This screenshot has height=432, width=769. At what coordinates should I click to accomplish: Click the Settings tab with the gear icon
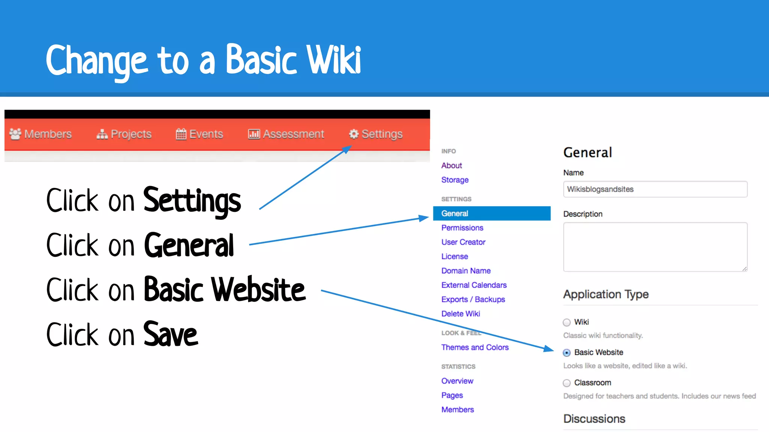point(376,134)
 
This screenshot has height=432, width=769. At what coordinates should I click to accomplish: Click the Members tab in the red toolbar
point(41,134)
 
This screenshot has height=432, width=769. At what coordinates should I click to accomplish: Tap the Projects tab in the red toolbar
point(124,134)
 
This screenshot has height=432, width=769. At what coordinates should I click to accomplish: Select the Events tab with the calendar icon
point(199,134)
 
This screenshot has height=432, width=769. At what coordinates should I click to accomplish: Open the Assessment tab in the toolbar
point(286,134)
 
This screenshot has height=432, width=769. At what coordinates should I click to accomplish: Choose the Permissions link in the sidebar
point(462,228)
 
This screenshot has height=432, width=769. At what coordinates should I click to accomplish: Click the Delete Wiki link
point(461,313)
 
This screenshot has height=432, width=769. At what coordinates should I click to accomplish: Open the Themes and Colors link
point(475,347)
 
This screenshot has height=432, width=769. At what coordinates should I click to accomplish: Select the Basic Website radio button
point(567,352)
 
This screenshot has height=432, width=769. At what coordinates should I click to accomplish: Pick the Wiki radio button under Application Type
point(567,322)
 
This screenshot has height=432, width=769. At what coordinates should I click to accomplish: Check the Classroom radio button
point(567,383)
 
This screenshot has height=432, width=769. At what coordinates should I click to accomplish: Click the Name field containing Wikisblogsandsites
point(655,189)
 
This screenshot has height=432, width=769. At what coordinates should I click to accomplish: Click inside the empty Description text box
point(655,247)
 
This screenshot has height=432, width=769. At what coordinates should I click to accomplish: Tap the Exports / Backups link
point(473,299)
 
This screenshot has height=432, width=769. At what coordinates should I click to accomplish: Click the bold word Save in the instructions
point(170,334)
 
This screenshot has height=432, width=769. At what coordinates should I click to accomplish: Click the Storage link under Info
point(455,180)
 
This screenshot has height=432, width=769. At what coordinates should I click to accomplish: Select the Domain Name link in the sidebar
point(466,271)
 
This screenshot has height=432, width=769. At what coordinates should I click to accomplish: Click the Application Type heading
point(606,294)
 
